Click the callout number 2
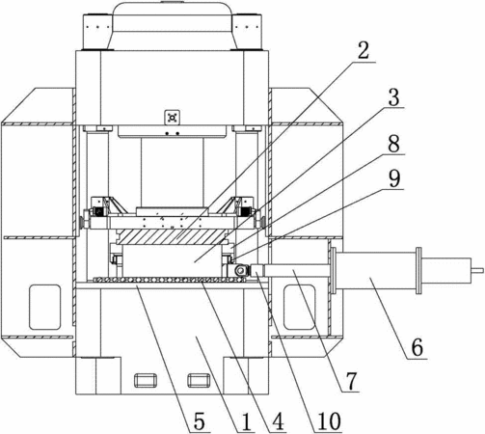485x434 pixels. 364,50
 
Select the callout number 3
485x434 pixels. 393,96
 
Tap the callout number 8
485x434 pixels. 393,144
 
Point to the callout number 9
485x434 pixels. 394,178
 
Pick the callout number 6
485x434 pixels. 418,347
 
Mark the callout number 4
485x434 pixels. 278,420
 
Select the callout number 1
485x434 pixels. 246,421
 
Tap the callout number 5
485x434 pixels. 199,421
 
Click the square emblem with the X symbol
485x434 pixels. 173,118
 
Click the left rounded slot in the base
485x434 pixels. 146,380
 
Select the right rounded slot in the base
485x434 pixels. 200,380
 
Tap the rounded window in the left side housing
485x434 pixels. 44,307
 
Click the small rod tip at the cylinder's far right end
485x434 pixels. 477,270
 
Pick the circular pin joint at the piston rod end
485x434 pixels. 240,270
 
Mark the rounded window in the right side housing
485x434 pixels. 299,307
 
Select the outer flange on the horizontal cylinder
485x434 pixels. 418,270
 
